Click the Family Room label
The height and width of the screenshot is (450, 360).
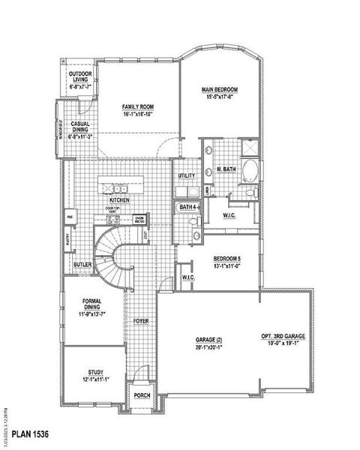click(138, 107)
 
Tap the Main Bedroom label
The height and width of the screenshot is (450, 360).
click(219, 90)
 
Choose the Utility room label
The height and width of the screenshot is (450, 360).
click(187, 175)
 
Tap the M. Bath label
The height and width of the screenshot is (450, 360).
click(226, 169)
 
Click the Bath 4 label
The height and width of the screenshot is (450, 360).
click(188, 205)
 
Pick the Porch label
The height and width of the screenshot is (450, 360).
click(142, 395)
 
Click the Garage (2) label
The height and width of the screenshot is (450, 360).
click(210, 340)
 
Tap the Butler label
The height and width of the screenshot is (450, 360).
click(82, 265)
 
